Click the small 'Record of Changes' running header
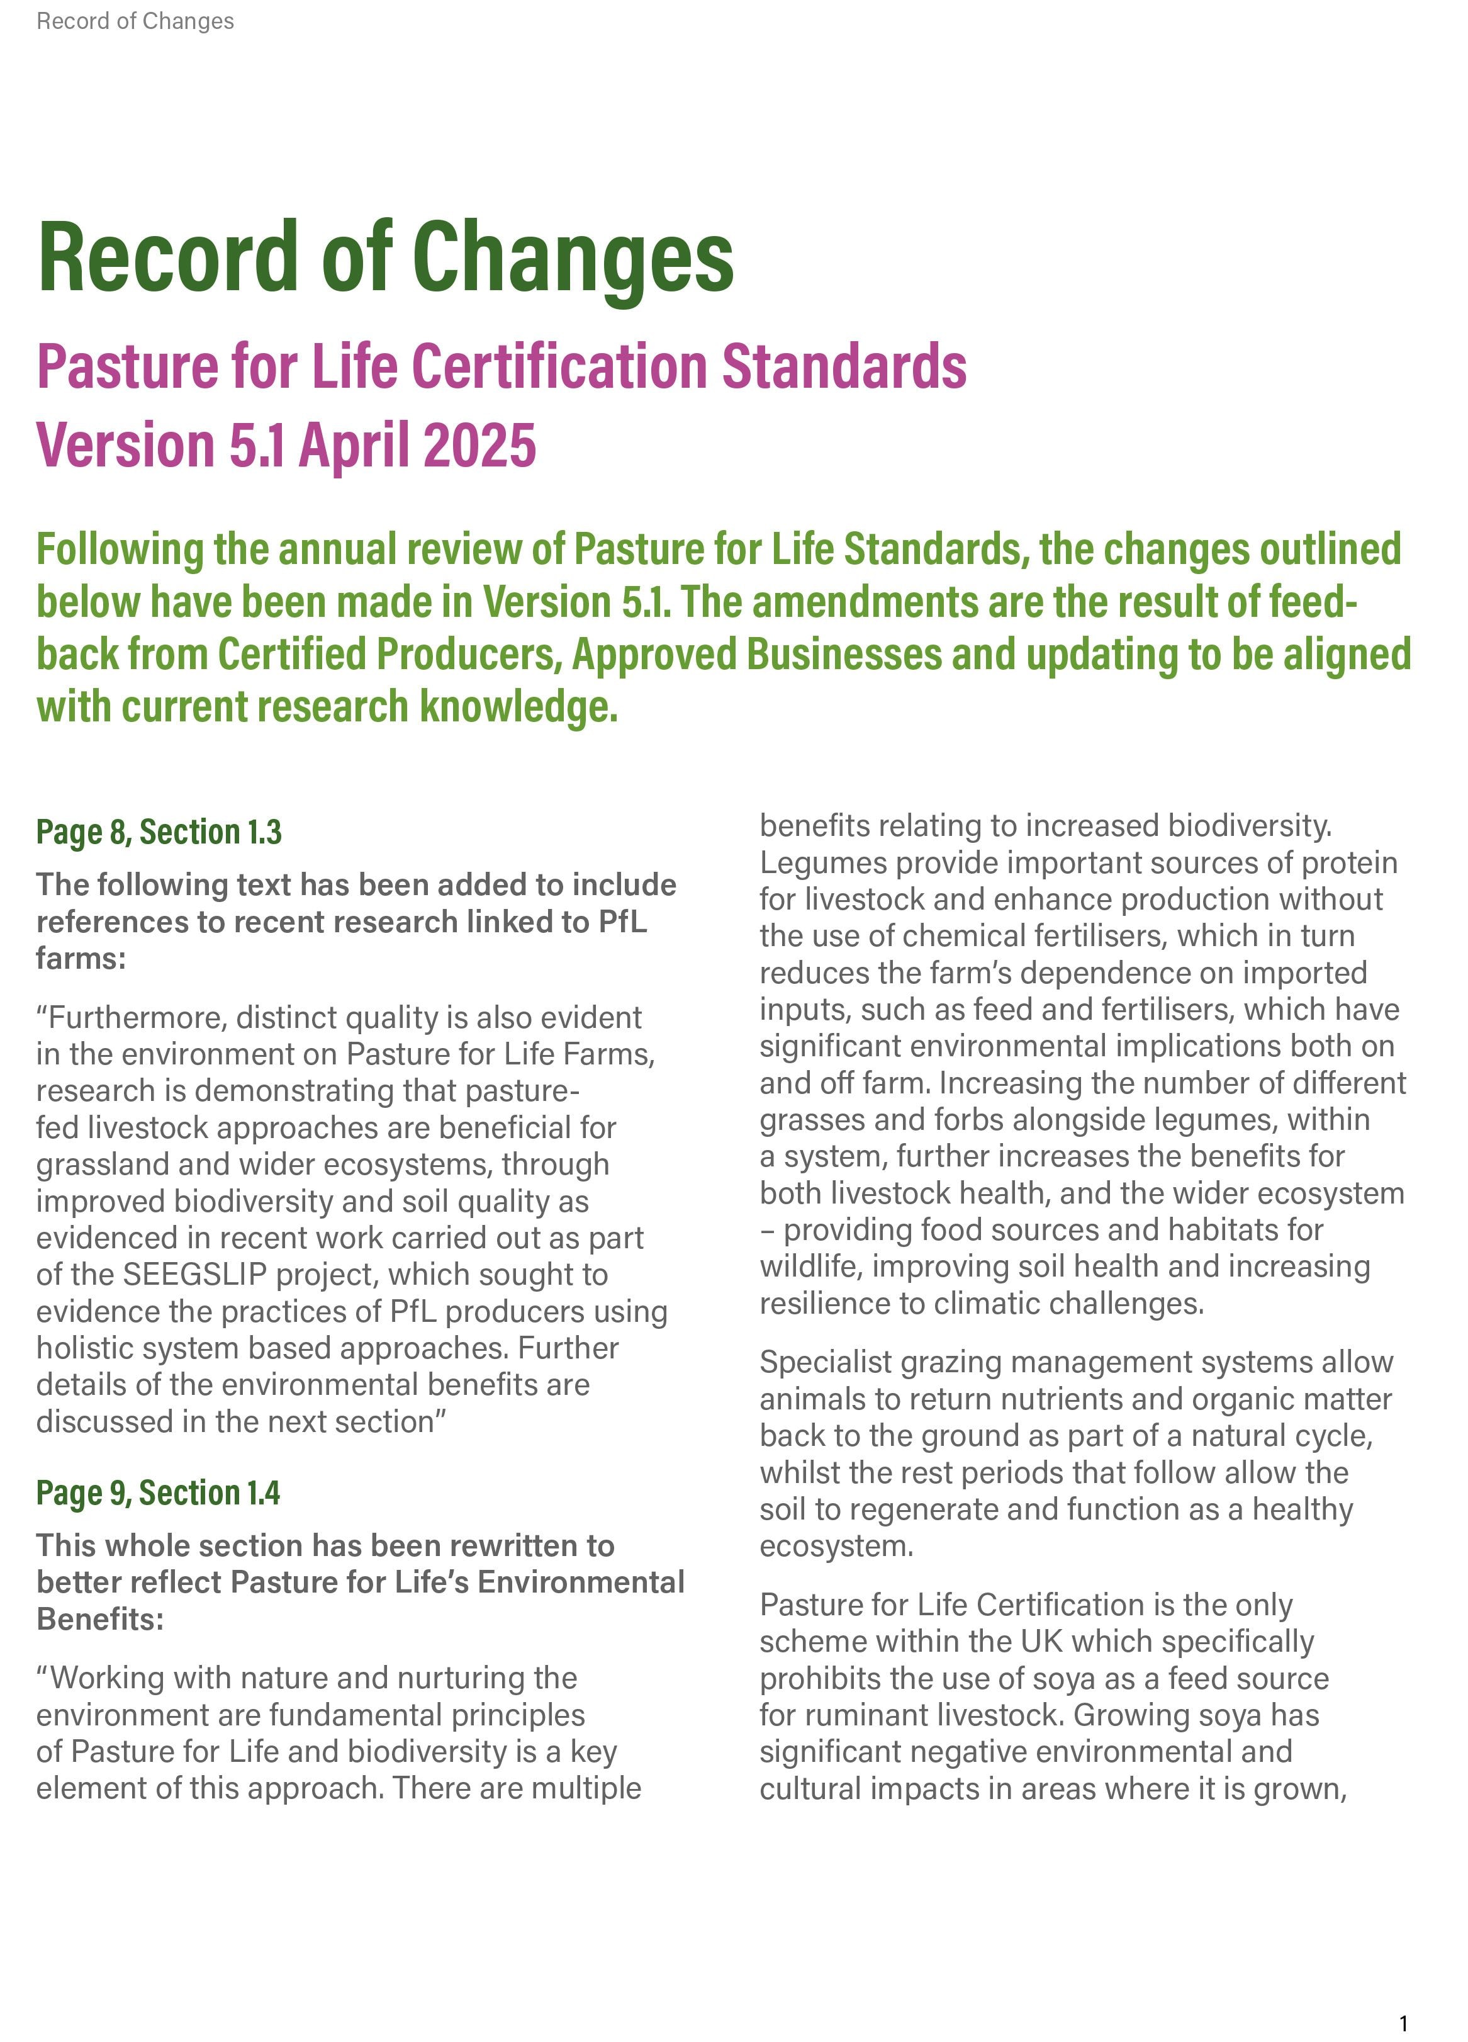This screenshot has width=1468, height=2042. click(135, 21)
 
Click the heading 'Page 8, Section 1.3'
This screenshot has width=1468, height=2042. click(159, 832)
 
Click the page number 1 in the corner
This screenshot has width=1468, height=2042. click(1403, 2023)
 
